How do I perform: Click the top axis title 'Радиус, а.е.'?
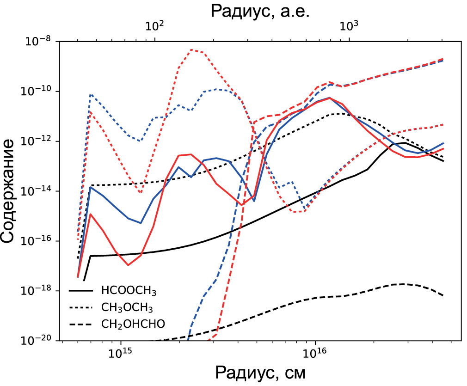tap(260, 11)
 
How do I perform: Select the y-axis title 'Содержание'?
tap(11, 190)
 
